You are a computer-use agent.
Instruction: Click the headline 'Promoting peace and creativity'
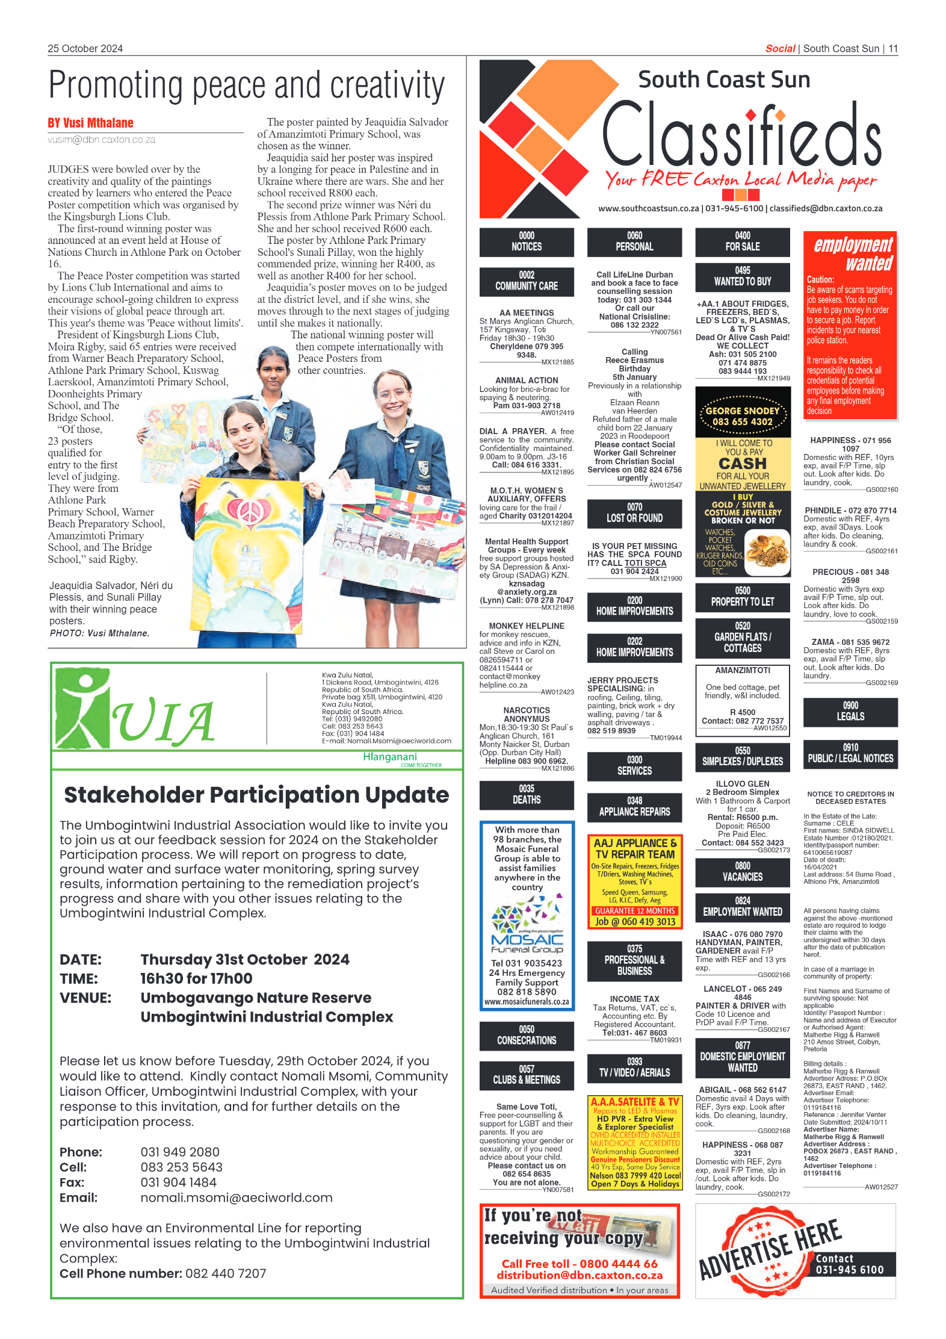tap(247, 85)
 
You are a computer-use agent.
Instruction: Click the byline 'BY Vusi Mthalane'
tap(91, 123)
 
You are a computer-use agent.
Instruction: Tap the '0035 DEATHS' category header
tap(527, 795)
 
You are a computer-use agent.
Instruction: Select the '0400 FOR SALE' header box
tap(743, 241)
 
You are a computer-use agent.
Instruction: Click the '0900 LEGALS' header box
tap(850, 711)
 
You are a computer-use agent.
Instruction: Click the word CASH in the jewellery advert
tap(743, 464)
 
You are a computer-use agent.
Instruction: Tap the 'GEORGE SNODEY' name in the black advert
tap(743, 411)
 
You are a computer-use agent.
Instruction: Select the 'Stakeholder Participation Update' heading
tap(256, 795)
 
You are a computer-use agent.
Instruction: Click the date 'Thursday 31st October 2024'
tap(245, 959)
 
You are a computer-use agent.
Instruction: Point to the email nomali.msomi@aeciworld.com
tap(236, 1198)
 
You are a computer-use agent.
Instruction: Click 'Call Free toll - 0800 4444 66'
tap(580, 1264)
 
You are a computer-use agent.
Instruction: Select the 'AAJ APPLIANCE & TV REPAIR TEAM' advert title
tap(635, 848)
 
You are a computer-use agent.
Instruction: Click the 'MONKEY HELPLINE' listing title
tap(527, 626)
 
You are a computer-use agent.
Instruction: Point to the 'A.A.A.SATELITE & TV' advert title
tap(635, 1101)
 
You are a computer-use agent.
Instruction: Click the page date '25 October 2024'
tap(85, 49)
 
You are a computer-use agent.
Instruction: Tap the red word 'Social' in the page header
tap(780, 49)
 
